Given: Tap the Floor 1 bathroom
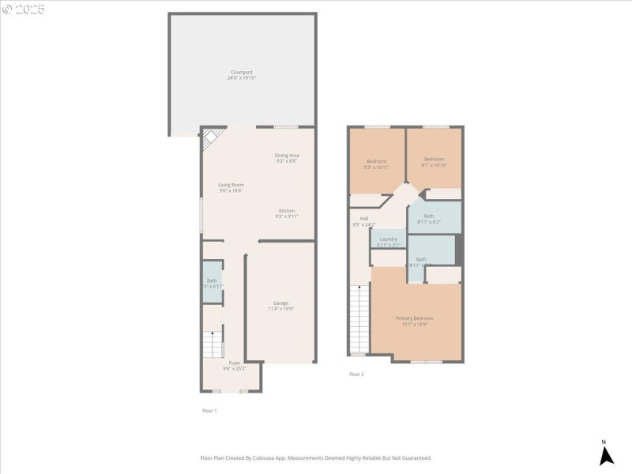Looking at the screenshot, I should coord(212,282).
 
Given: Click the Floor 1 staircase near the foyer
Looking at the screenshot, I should coord(213,344).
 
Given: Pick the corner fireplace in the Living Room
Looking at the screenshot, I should coord(211,141).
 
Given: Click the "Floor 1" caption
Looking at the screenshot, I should coord(209,410).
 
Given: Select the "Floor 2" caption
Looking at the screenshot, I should coord(356,374).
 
